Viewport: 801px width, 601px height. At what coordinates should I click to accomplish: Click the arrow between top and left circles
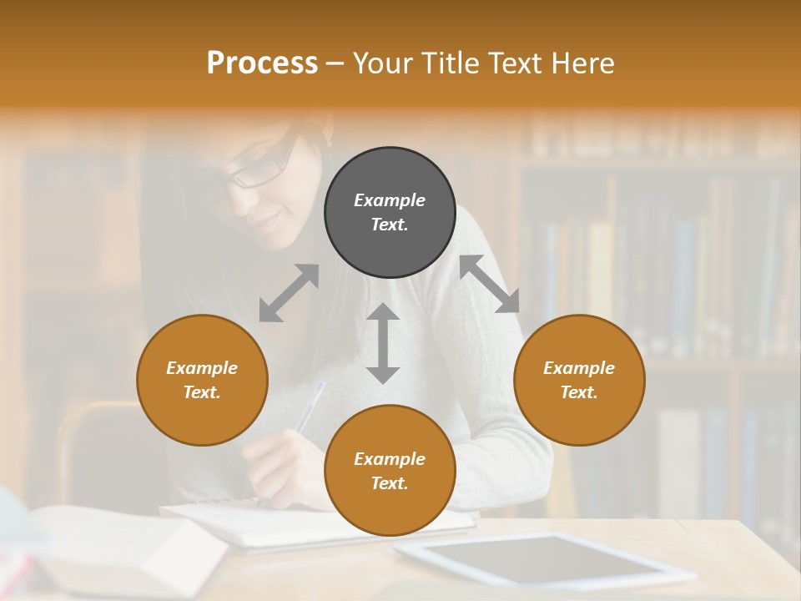pos(289,293)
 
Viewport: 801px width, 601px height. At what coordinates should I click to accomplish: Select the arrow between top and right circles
pos(490,284)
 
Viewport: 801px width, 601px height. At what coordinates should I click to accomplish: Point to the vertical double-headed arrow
pos(383,343)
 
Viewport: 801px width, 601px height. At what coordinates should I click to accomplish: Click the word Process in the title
pos(262,63)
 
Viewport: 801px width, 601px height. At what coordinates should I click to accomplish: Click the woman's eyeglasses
pos(262,167)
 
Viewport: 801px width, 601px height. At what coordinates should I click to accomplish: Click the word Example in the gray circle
pos(390,200)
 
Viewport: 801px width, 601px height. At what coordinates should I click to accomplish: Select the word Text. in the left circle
pos(202,392)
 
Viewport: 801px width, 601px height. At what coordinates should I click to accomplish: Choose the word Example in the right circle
pos(579,368)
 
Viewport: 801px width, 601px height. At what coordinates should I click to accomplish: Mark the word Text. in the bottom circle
pos(390,483)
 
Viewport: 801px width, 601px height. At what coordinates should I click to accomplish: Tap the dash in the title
pos(335,63)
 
